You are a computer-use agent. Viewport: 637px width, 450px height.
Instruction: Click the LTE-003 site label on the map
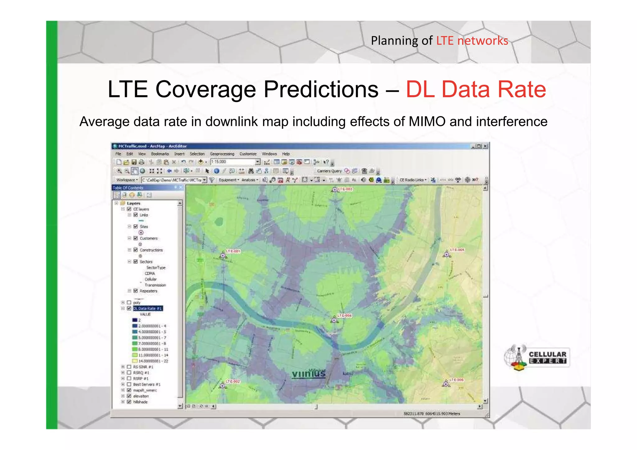pyautogui.click(x=345, y=189)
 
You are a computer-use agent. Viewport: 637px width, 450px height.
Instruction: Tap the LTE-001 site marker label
pyautogui.click(x=233, y=251)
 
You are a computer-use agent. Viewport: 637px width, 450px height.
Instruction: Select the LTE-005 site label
pyautogui.click(x=457, y=250)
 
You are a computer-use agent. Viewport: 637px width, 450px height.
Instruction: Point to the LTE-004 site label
pyautogui.click(x=344, y=315)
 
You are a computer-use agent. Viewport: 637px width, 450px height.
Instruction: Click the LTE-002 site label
pyautogui.click(x=233, y=381)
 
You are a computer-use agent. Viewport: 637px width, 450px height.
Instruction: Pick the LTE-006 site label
pyautogui.click(x=456, y=380)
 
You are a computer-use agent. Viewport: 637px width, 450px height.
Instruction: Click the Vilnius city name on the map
pyautogui.click(x=309, y=373)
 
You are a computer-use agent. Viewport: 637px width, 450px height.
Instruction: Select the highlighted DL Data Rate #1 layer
pyautogui.click(x=148, y=309)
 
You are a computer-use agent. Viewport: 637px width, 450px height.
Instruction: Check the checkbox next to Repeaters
pyautogui.click(x=136, y=291)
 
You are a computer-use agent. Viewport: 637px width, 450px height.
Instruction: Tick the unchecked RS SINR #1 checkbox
pyautogui.click(x=129, y=367)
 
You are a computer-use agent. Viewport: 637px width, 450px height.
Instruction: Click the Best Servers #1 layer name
pyautogui.click(x=147, y=384)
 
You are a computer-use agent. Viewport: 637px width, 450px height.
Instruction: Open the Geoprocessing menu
pyautogui.click(x=222, y=154)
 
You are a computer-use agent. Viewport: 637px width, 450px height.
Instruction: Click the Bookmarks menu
pyautogui.click(x=160, y=154)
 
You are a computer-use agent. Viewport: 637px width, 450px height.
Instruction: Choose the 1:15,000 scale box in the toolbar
pyautogui.click(x=233, y=162)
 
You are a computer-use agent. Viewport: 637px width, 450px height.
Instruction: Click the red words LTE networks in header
pyautogui.click(x=472, y=41)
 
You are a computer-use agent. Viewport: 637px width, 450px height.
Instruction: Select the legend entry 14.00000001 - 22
pyautogui.click(x=153, y=361)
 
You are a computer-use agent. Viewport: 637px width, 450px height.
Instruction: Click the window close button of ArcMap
pyautogui.click(x=485, y=146)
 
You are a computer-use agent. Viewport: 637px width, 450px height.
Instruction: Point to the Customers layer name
pyautogui.click(x=149, y=238)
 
